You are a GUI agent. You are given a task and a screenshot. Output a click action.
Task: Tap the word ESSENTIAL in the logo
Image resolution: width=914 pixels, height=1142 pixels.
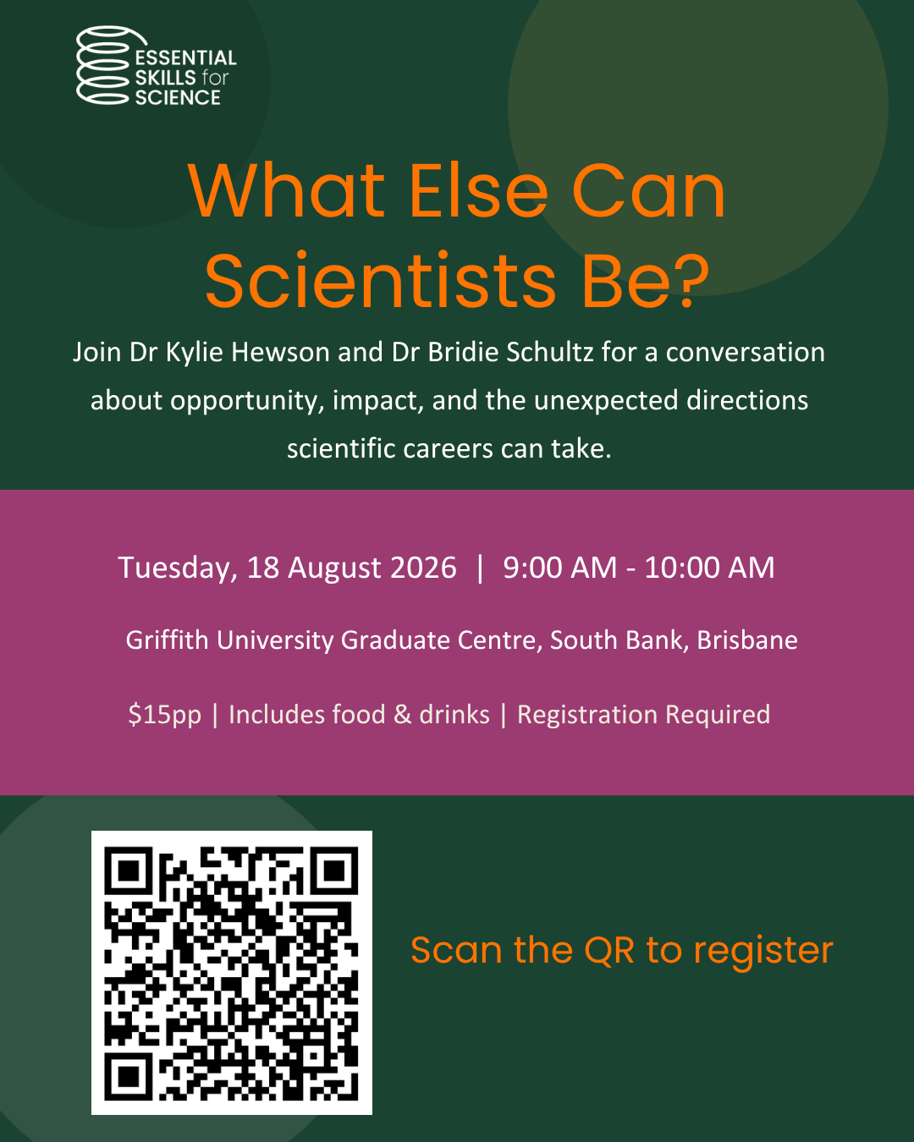pos(186,58)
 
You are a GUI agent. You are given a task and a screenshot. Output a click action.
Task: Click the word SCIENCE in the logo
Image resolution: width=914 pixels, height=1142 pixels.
pos(178,97)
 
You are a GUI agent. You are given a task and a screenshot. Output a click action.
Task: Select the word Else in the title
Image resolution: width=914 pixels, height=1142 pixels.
pos(478,191)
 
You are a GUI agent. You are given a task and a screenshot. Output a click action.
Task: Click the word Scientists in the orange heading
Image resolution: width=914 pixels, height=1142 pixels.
pos(380,280)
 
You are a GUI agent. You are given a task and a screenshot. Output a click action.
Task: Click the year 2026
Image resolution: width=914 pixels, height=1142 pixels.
pos(423,568)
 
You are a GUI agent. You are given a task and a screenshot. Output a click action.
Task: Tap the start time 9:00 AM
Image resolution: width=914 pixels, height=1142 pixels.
pos(559,568)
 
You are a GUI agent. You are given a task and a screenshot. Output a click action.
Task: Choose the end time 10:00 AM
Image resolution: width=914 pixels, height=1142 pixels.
pos(709,568)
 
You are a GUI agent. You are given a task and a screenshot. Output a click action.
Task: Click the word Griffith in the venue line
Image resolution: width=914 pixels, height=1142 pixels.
pos(167,640)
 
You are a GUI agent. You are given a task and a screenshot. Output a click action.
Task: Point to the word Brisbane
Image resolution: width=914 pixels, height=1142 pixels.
pos(746,640)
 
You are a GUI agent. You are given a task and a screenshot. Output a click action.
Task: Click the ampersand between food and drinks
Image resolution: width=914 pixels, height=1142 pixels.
pos(402,714)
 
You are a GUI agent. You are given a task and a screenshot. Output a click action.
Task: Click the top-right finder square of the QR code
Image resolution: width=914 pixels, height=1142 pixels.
pos(334,870)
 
